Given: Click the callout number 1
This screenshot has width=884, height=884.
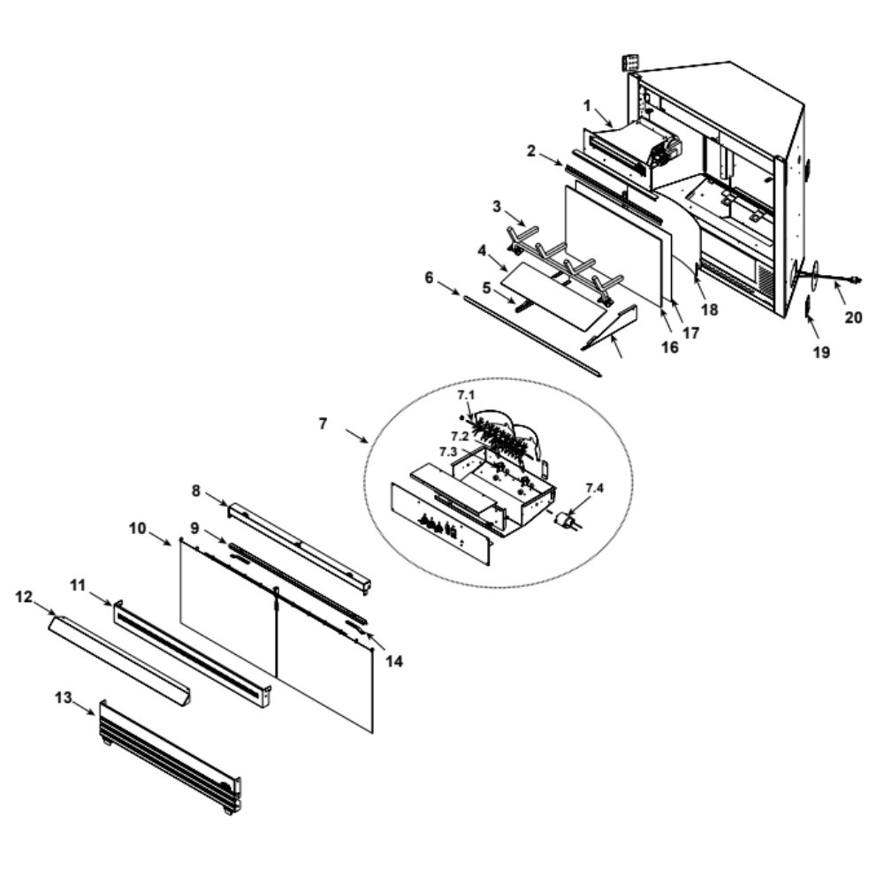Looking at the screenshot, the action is coord(588,106).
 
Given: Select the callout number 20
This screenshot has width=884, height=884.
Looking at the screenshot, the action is coord(853,318).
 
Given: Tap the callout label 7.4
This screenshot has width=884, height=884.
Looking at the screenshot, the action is coord(594,488).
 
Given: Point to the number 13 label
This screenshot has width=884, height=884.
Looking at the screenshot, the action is coord(63,698).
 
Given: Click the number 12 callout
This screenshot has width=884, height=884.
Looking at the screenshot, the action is coord(24,597).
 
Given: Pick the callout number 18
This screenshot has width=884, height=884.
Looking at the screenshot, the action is coord(709,309).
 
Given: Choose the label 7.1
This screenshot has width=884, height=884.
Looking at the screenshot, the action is coord(466,395).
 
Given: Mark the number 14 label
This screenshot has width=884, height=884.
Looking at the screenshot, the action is coord(394,661).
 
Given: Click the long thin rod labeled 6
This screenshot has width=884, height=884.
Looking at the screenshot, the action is coord(533,335).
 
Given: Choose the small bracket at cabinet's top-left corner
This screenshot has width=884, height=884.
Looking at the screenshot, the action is coord(630,63).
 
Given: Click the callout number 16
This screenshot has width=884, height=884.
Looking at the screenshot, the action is coord(670,347).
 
